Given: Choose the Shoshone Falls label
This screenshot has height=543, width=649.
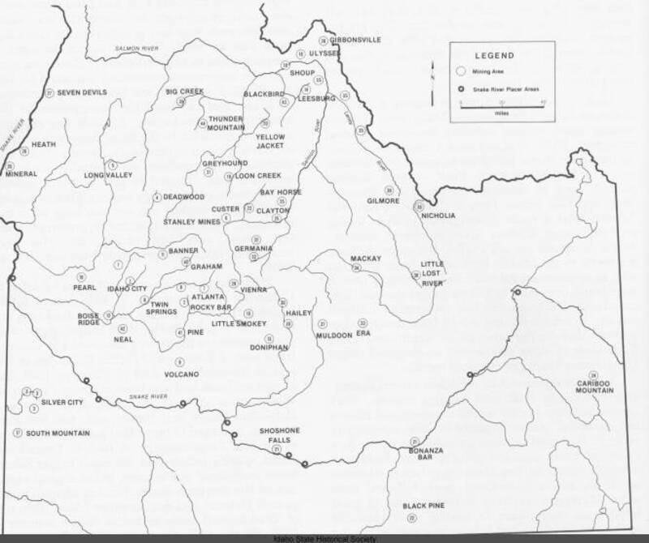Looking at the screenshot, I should point(280,435).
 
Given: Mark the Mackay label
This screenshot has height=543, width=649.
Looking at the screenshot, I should point(365,259).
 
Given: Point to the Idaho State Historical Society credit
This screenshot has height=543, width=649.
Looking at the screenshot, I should point(324,538).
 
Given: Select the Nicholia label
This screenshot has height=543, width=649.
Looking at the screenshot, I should point(439,216).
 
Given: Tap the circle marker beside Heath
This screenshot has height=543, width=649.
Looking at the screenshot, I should point(24,152).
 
